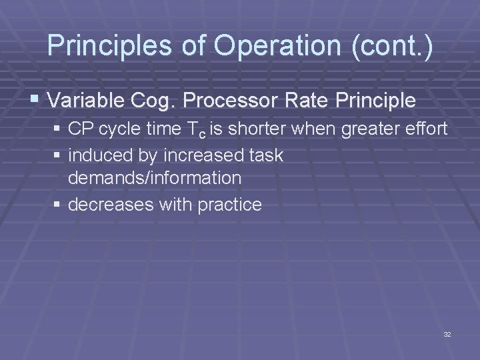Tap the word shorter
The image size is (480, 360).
pos(257,129)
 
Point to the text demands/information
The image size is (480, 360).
pos(155,178)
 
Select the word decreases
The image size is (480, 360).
pos(111,205)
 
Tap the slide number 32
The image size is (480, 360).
pos(447,333)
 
